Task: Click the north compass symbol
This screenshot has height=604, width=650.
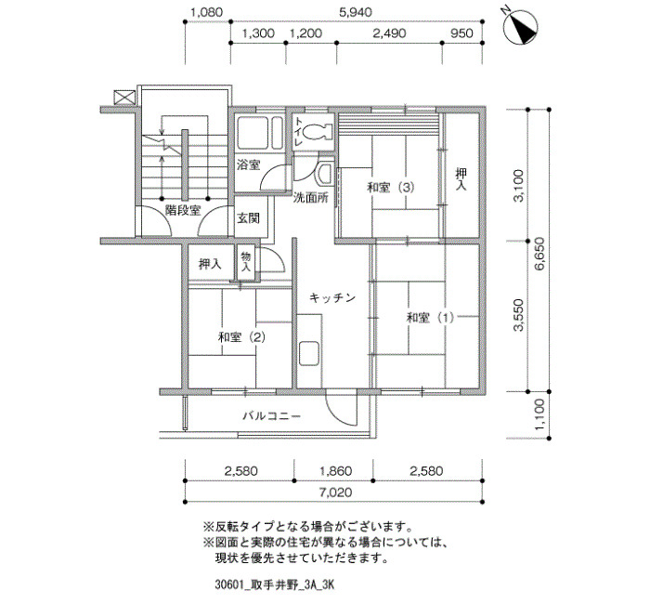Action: (520, 26)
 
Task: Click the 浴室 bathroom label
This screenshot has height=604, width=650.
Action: (248, 164)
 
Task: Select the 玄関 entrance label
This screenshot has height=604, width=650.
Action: (248, 218)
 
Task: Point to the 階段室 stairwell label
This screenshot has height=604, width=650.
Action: (183, 210)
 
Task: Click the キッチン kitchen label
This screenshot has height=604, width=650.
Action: (332, 297)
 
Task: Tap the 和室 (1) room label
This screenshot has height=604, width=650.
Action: (430, 318)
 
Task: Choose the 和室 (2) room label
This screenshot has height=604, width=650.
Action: (241, 337)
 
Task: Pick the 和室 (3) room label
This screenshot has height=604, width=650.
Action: (391, 188)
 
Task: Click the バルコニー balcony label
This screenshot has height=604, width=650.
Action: (271, 415)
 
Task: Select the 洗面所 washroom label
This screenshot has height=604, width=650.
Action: (311, 198)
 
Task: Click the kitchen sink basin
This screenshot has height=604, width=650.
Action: (309, 353)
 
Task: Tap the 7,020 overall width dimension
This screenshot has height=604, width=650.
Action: (335, 492)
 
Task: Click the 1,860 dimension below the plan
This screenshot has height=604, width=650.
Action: (335, 471)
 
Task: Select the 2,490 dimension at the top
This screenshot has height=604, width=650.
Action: (389, 33)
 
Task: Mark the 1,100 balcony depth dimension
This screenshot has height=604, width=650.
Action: (539, 414)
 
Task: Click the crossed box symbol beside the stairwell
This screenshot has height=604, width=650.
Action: (124, 98)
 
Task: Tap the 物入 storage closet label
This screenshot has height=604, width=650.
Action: (246, 262)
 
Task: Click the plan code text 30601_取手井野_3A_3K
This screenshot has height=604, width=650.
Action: (275, 584)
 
